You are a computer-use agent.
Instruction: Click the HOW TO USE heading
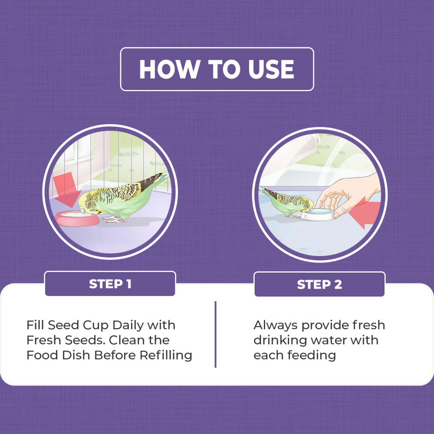(x=217, y=69)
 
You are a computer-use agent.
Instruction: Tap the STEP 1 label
(x=110, y=284)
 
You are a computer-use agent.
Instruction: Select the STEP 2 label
(x=319, y=285)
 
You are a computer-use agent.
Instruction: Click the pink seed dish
(x=77, y=219)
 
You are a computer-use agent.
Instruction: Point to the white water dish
(x=319, y=214)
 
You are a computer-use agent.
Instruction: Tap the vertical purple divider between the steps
(x=215, y=334)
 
